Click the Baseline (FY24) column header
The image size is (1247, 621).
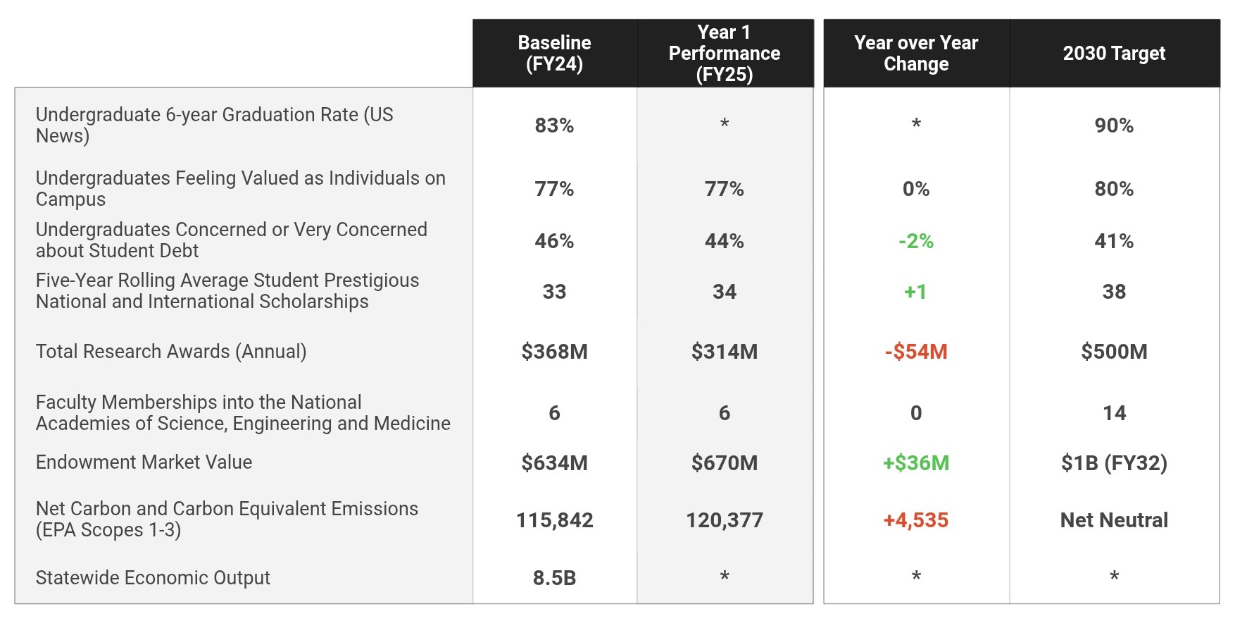[554, 53]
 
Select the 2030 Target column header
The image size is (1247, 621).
[1114, 53]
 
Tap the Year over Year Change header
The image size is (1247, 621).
[915, 53]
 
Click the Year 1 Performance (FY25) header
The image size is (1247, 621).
[724, 53]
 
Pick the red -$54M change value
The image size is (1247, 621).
[915, 351]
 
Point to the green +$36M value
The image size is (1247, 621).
[915, 462]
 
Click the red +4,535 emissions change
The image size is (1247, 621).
[915, 520]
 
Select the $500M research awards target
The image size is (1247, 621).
[1114, 351]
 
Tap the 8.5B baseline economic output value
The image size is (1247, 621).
[554, 578]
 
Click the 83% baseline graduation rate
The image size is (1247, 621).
[554, 125]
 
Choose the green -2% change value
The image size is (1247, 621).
[915, 241]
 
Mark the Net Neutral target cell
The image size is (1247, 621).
[1114, 520]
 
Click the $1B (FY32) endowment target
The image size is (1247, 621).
[1114, 462]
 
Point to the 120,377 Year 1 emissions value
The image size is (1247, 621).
[724, 520]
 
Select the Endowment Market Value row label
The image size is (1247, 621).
[144, 462]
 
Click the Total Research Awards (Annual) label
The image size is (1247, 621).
[171, 351]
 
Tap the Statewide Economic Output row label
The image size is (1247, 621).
[153, 578]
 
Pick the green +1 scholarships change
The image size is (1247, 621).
[915, 292]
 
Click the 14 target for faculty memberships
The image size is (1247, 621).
[1114, 413]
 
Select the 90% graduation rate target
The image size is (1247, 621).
[1114, 125]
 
